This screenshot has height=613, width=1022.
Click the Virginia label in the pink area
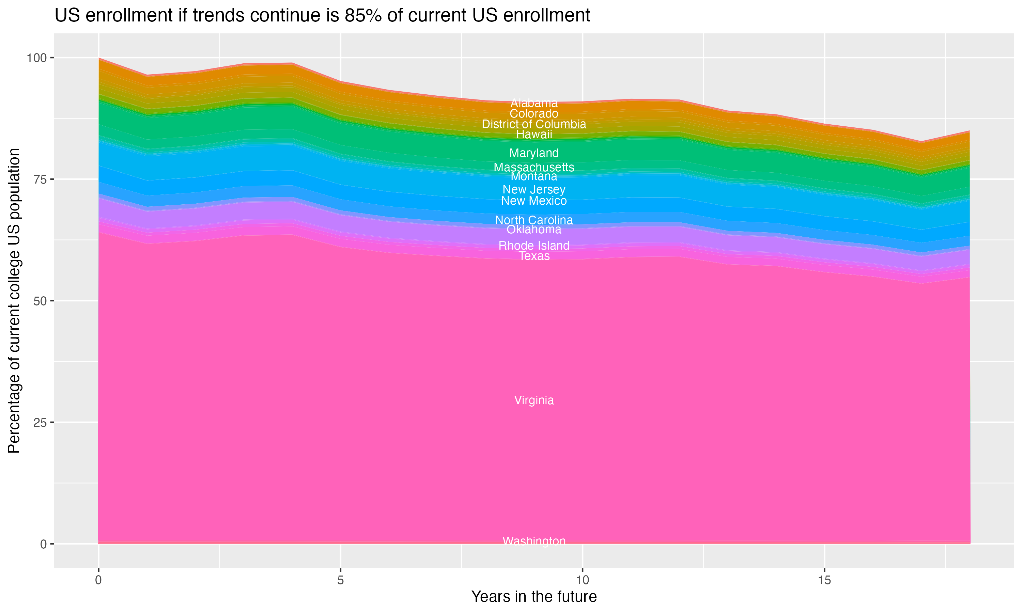click(x=534, y=400)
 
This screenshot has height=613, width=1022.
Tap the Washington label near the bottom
click(x=534, y=541)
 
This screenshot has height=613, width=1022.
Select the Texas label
click(x=534, y=256)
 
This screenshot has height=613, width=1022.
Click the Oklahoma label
click(x=534, y=229)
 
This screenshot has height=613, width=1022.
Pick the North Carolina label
click(x=534, y=220)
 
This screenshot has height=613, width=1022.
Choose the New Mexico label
click(x=534, y=201)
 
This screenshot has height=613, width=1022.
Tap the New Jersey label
click(x=534, y=190)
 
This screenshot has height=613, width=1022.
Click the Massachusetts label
click(x=534, y=167)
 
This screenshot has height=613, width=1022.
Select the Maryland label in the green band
click(x=534, y=153)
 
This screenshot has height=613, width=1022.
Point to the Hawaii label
click(x=534, y=134)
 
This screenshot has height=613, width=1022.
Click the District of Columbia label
click(x=534, y=124)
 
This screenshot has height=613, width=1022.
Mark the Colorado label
click(x=534, y=114)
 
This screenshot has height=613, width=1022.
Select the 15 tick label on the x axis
click(x=824, y=581)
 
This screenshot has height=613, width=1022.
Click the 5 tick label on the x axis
click(x=340, y=581)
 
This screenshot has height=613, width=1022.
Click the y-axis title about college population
click(x=14, y=301)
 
